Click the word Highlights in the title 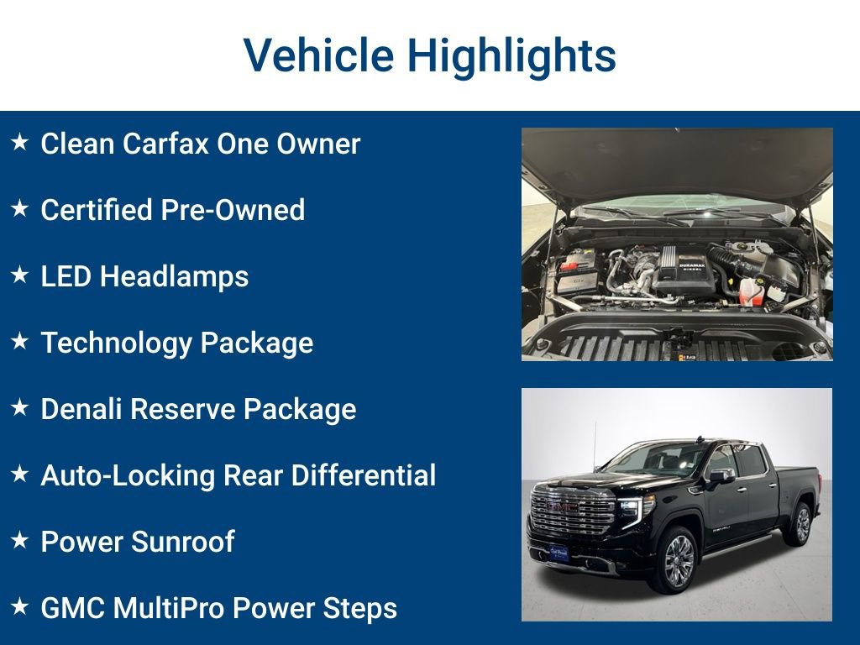(x=511, y=55)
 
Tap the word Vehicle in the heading (x=318, y=55)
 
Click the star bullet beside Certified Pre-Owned (x=20, y=209)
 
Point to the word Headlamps (x=175, y=276)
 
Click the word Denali (x=82, y=409)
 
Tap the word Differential (x=364, y=475)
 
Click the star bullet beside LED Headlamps (x=20, y=275)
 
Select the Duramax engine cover (x=679, y=267)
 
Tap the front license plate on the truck (x=558, y=553)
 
